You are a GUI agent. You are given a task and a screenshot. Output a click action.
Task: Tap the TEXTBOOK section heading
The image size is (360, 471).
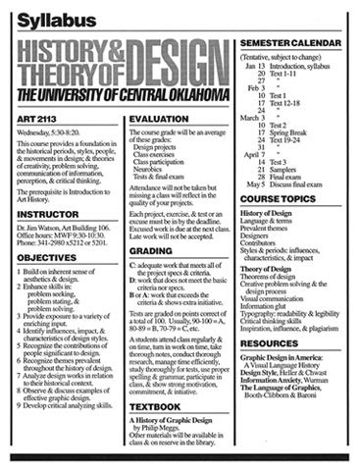(155, 406)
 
